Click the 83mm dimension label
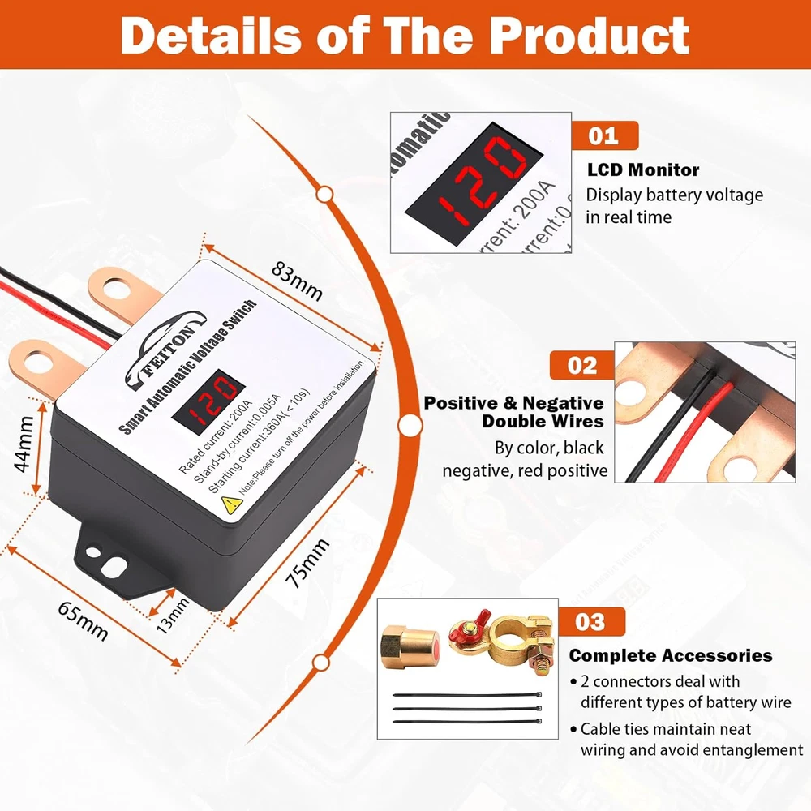point(297,281)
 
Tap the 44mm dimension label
point(24,444)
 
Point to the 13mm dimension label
point(173,616)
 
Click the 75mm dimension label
point(307,563)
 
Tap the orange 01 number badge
point(604,136)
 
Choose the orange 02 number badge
point(581,365)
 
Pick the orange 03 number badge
point(591,622)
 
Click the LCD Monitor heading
point(643,169)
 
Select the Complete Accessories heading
point(671,655)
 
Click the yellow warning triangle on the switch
point(231,504)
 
